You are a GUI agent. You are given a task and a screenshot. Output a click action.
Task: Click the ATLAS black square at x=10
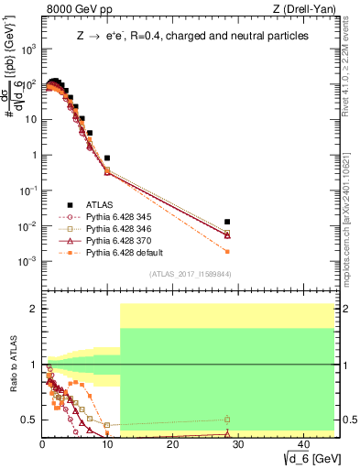[x=107, y=158]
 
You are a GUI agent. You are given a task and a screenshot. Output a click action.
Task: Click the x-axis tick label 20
[x=172, y=443]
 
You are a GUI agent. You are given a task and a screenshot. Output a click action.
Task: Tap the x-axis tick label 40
[x=301, y=443]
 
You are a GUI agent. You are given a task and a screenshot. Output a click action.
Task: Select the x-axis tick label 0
[x=42, y=443]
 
